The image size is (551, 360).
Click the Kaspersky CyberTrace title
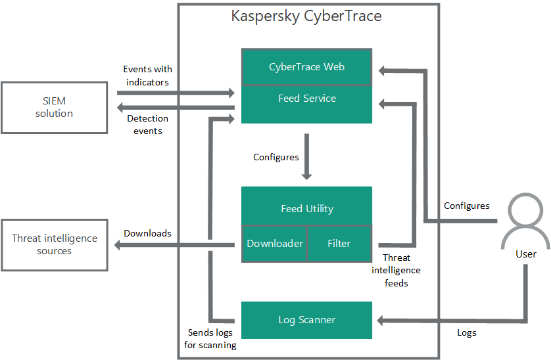tap(306, 16)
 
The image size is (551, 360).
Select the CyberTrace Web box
tap(306, 67)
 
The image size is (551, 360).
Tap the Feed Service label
tap(306, 99)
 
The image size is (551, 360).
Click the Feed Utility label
tap(306, 209)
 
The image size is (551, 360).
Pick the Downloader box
tap(275, 244)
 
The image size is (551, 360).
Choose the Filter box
tap(339, 244)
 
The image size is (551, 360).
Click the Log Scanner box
tap(306, 320)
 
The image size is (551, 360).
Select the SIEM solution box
tap(54, 108)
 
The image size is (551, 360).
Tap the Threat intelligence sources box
tap(54, 244)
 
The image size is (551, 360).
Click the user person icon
tap(525, 219)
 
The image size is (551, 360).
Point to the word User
tap(525, 254)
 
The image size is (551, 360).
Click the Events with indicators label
tap(147, 76)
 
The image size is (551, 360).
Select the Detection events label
tap(147, 124)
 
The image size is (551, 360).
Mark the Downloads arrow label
tap(147, 233)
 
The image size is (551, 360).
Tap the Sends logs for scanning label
tap(210, 339)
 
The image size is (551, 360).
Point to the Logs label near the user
tap(467, 332)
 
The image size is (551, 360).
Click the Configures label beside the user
tap(467, 206)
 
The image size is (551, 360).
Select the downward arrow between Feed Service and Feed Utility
tap(306, 157)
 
